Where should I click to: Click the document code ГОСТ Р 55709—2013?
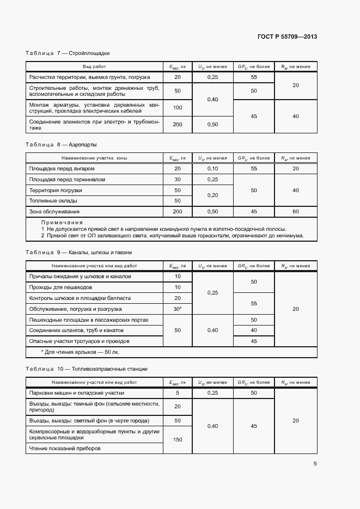(287, 36)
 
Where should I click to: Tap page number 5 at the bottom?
(315, 464)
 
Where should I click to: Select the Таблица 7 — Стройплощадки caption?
(68, 53)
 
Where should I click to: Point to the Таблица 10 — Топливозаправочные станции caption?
(87, 369)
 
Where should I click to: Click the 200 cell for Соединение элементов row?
(178, 125)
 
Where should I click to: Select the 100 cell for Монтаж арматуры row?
(178, 107)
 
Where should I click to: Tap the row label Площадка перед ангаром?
(58, 168)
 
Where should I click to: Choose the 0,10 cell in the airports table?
(212, 168)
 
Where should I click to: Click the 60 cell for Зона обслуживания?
(296, 212)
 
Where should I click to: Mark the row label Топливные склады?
(51, 201)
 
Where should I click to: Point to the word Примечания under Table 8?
(62, 223)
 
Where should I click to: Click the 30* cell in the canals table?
(178, 309)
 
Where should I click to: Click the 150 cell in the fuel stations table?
(178, 439)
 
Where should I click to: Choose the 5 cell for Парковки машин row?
(178, 393)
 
